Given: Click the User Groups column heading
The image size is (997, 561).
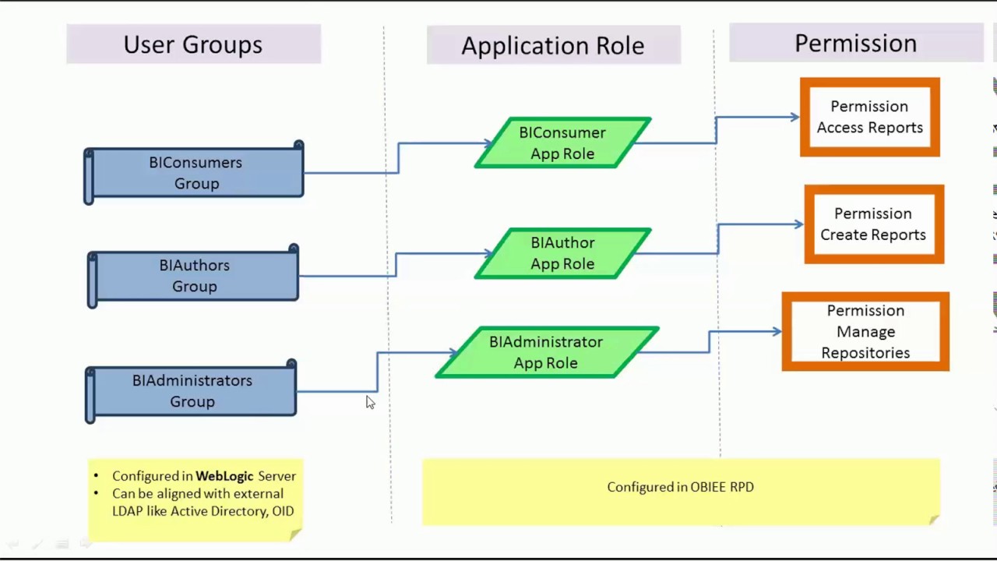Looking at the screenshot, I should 193,44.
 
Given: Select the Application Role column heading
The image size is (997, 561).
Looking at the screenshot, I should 553,45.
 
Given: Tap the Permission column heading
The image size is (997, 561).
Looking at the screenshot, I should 855,44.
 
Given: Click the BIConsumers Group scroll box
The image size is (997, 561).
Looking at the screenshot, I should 195,173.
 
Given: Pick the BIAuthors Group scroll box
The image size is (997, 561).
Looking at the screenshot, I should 194,276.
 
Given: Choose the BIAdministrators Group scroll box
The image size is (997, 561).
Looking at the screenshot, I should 192,391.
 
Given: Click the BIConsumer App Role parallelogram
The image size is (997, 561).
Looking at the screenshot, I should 562,143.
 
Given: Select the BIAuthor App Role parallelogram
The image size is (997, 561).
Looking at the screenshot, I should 562,253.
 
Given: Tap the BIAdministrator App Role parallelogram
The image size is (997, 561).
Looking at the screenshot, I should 546,352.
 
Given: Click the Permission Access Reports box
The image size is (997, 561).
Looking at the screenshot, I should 869,117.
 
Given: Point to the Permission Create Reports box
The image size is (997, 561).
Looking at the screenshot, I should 873,224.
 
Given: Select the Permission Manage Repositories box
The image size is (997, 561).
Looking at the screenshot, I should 865,332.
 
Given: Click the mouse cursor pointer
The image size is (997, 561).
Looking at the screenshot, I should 369,402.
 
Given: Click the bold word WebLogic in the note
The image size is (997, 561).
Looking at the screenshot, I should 224,476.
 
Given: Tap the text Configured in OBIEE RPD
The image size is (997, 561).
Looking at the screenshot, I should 680,487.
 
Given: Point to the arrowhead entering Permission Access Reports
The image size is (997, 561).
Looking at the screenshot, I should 794,118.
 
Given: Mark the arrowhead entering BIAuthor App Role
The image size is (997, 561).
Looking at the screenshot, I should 488,253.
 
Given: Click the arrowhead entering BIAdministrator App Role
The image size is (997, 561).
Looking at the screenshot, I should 451,353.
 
